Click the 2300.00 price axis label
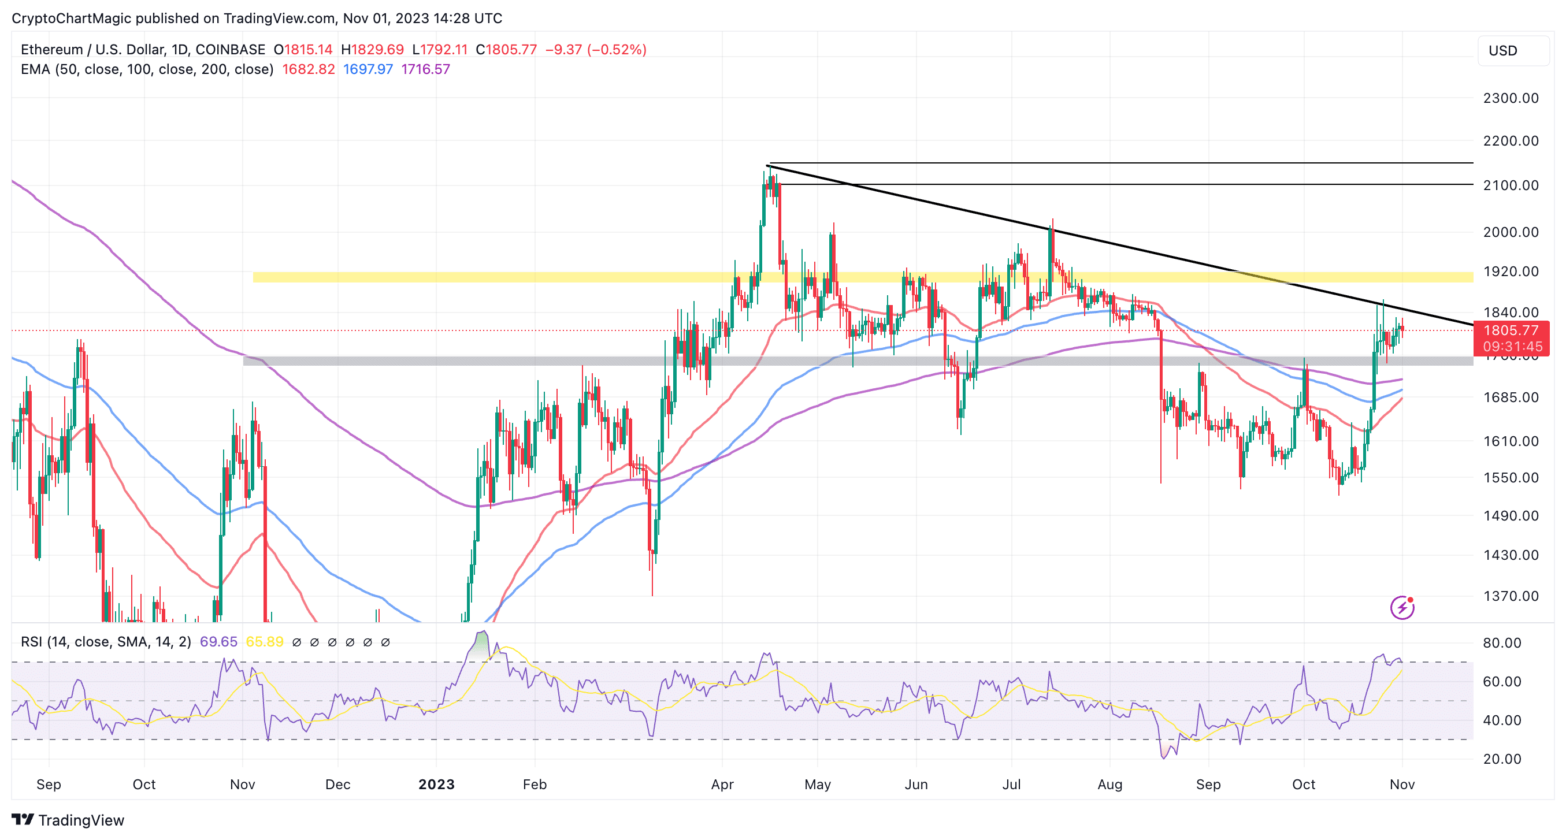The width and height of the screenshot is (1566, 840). point(1510,98)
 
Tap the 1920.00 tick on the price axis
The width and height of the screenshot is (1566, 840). point(1510,271)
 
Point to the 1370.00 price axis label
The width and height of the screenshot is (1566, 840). point(1510,596)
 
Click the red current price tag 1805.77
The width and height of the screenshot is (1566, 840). point(1511,330)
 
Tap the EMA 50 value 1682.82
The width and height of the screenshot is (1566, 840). point(308,69)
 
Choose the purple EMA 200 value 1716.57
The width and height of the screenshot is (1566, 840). point(425,69)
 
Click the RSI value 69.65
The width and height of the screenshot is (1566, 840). point(218,642)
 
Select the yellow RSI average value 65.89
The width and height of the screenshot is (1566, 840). point(265,642)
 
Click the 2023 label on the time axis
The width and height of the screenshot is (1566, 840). point(436,784)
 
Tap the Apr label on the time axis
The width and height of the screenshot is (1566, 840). point(722,784)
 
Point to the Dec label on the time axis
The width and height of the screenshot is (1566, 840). point(337,784)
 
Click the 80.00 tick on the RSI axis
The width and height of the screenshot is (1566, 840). point(1501,642)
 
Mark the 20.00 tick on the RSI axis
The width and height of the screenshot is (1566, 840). point(1501,759)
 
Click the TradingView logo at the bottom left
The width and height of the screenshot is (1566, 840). point(68,820)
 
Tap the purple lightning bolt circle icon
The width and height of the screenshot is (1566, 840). point(1402,607)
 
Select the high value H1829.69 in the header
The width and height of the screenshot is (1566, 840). point(372,49)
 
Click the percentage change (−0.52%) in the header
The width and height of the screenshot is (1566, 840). point(617,49)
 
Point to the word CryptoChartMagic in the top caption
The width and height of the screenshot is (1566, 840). point(71,18)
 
